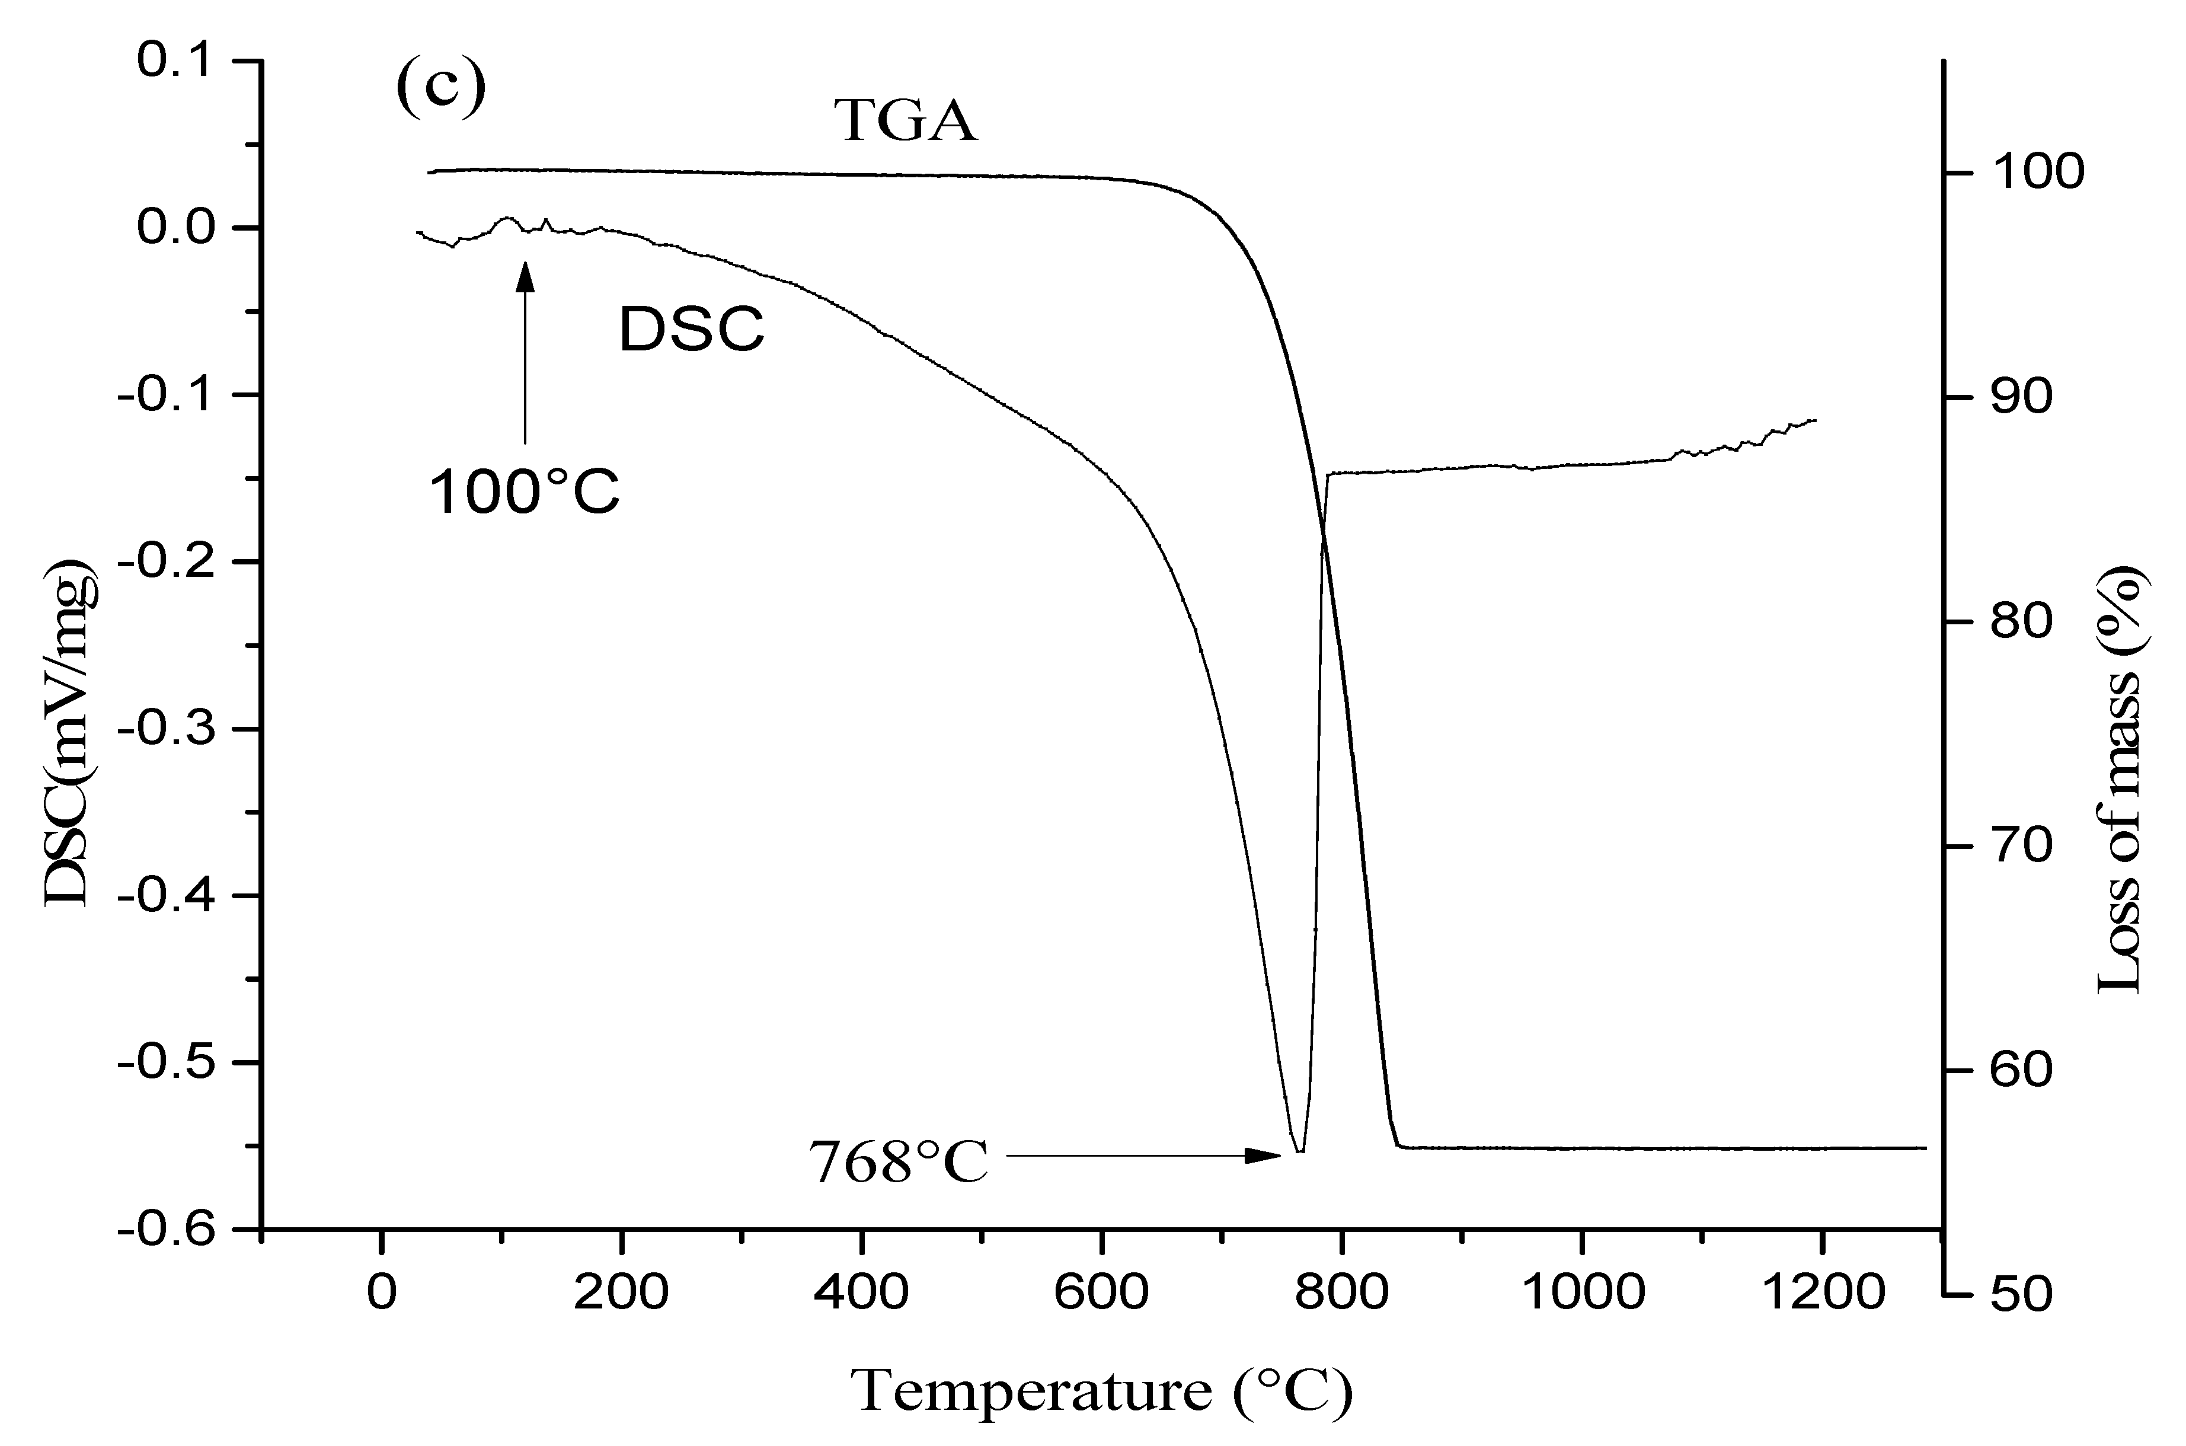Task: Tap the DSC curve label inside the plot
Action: [x=692, y=329]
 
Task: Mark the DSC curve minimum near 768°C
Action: [x=1299, y=1150]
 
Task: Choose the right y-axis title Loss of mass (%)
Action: [x=2121, y=779]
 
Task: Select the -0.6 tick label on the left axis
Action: [x=173, y=1230]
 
